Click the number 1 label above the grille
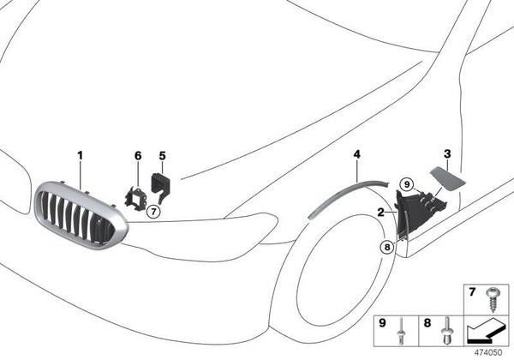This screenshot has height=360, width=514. (x=80, y=156)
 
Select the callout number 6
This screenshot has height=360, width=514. (x=136, y=156)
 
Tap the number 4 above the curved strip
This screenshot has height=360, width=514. (x=356, y=154)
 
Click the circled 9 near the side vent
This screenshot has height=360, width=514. (x=406, y=183)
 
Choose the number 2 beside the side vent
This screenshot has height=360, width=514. (x=380, y=211)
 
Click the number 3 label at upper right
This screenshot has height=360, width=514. (x=446, y=153)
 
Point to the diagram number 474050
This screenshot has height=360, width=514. (x=491, y=352)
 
